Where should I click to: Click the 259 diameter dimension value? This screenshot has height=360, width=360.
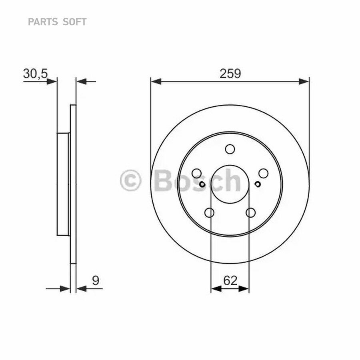pos(230,74)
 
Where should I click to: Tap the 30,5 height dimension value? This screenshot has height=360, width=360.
pos(35,74)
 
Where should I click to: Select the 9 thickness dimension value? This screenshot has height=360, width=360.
pos(96,280)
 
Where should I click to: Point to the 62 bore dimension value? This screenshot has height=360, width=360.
pos(230,280)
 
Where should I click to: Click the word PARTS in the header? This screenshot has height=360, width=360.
pos(43,22)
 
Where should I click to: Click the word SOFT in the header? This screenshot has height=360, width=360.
pos(74,22)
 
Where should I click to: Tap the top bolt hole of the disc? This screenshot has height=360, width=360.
pos(230,149)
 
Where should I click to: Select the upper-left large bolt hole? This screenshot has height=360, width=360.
pos(197,173)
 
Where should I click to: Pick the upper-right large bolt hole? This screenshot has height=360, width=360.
pos(263,173)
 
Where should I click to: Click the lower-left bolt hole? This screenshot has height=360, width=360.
pos(209,212)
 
